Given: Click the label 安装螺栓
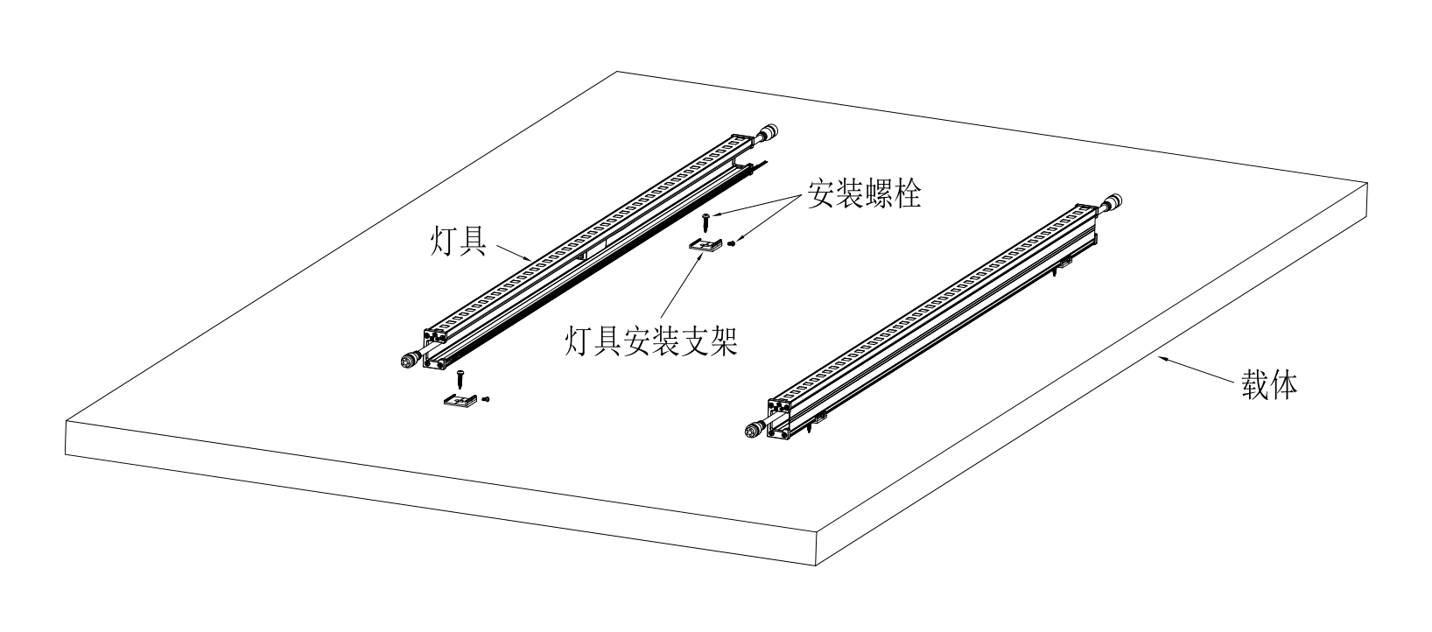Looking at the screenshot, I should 865,195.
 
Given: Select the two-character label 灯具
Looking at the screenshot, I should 459,240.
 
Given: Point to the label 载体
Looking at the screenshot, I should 1269,385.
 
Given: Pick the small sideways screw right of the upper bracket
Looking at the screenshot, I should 731,244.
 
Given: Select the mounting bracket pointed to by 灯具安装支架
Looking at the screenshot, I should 705,246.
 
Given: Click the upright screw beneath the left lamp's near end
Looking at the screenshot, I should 459,379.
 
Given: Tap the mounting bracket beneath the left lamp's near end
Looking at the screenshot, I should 460,400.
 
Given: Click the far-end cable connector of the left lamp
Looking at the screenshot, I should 770,133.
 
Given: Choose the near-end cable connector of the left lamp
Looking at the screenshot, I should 410,361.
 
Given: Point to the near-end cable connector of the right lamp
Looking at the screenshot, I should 755,429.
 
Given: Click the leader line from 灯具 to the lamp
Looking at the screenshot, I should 511,252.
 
